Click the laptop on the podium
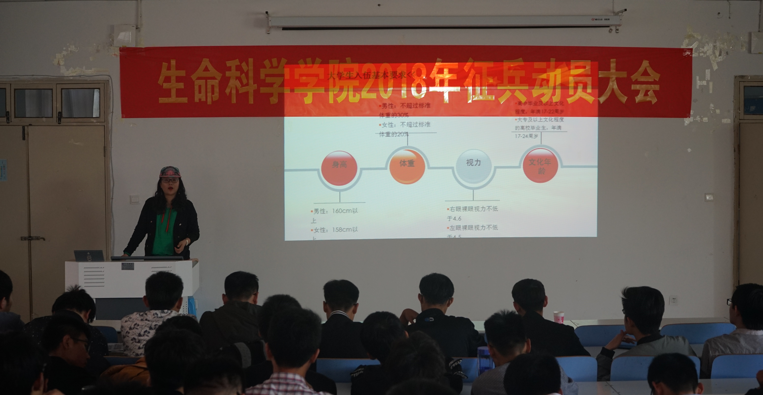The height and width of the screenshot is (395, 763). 89,255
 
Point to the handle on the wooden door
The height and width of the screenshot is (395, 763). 33,238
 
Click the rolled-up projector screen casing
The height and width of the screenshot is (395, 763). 444,21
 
